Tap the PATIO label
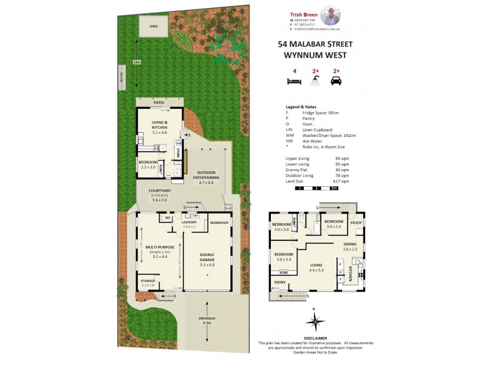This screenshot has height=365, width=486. pyautogui.click(x=159, y=103)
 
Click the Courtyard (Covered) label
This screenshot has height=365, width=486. pyautogui.click(x=159, y=195)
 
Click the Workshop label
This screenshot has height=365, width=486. pyautogui.click(x=219, y=223)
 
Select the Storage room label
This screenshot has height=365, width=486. pyautogui.click(x=148, y=282)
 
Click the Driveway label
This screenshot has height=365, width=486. pyautogui.click(x=207, y=320)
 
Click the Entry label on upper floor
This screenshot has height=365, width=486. pyautogui.click(x=279, y=282)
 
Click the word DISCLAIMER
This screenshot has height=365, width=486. pyautogui.click(x=314, y=337)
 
